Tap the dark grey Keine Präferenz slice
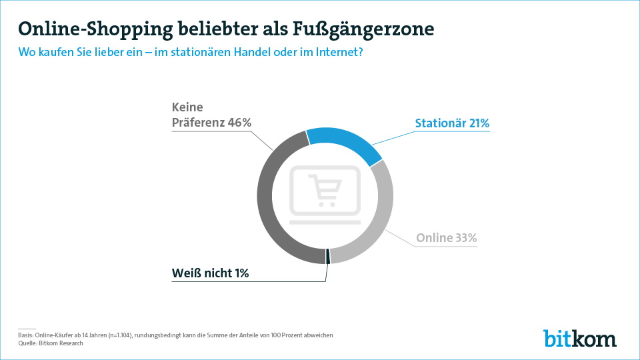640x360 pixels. (270, 200)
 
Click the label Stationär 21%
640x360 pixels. (452, 123)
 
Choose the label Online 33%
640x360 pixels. (447, 238)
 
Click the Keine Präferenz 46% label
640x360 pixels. (211, 115)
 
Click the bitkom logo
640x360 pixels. (579, 338)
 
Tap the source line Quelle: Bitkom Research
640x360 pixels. (51, 343)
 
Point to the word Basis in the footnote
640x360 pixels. (25, 335)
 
